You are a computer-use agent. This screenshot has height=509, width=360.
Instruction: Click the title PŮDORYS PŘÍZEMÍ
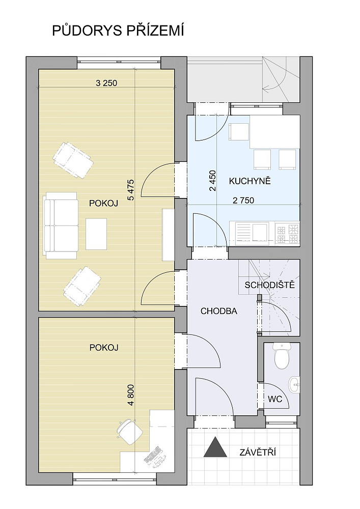pos(118,31)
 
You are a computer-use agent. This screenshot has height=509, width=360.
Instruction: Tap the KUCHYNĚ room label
pos(250,181)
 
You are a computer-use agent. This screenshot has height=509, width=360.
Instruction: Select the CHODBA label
pos(219,312)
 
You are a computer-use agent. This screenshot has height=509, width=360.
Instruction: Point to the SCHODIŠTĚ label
pos(270,285)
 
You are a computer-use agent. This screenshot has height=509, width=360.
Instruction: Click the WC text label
pos(274,399)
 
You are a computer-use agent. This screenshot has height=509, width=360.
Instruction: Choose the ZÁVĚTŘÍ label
pos(258,452)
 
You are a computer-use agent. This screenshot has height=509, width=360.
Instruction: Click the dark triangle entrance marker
pos(215,447)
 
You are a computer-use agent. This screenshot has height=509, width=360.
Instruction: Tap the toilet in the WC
pos(282,356)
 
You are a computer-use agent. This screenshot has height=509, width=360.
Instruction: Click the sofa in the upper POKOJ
pos(61,225)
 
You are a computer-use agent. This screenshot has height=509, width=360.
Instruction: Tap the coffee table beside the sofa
pos(96,234)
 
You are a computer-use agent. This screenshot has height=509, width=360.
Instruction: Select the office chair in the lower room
pos(129,430)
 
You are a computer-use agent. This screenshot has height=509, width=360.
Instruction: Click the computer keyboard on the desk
pos(153,455)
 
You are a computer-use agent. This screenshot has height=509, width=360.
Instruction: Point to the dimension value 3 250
pos(106,83)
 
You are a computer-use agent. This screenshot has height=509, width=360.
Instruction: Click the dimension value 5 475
pos(131,190)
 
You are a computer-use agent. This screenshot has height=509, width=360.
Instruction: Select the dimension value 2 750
pos(243,201)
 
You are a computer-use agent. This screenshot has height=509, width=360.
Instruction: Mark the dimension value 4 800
pos(131,395)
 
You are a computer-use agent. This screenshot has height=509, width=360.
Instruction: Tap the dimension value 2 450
pos(213,181)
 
